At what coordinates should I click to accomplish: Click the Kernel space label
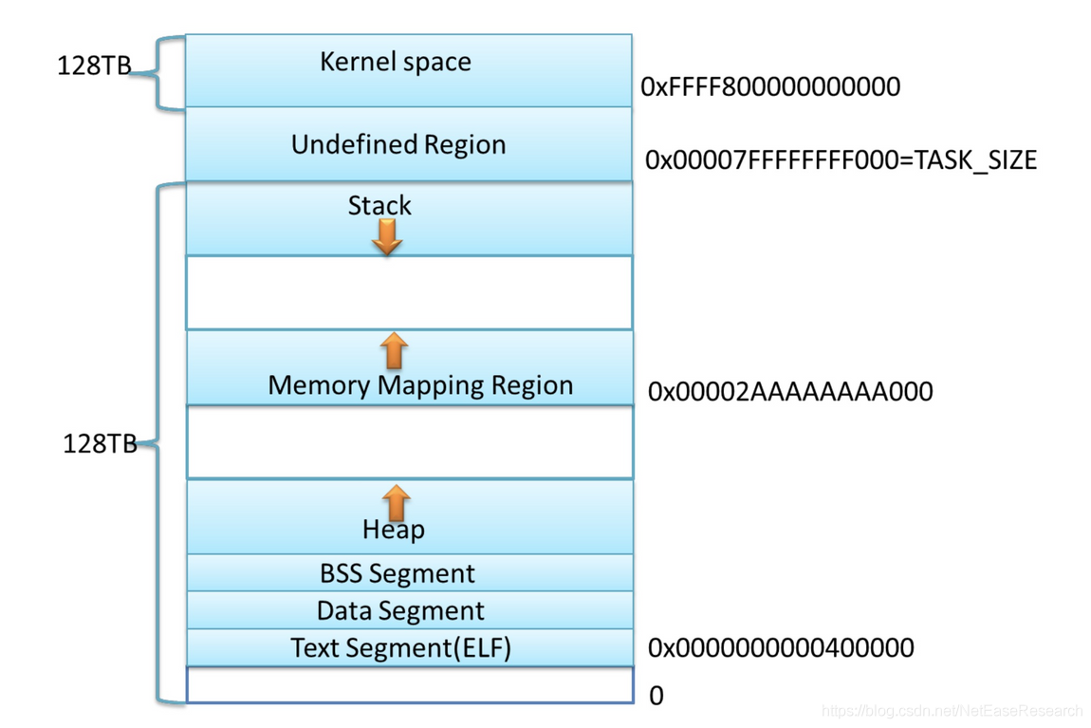pos(396,62)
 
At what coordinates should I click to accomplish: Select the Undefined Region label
pos(398,145)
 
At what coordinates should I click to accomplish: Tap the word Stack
pos(379,205)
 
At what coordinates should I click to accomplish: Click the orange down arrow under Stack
pos(387,237)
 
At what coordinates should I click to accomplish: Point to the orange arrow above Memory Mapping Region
pos(394,350)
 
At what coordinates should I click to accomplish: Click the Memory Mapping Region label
pos(420,385)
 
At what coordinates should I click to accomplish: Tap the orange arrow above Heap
pos(396,502)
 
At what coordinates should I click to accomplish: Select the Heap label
pos(393,530)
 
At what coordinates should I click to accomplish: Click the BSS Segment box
pos(410,572)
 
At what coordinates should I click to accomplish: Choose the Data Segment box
pos(410,610)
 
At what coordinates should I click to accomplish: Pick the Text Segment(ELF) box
pos(410,648)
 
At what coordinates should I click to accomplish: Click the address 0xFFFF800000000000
pos(770,87)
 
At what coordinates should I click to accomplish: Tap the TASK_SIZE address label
pos(841,160)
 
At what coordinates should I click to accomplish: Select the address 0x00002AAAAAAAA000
pos(789,392)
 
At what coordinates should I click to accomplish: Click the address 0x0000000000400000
pos(781,648)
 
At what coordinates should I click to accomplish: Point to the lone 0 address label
pos(656,696)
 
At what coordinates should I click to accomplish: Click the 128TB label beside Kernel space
pos(94,65)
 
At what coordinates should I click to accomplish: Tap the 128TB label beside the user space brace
pos(101,443)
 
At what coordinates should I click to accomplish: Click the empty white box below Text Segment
pos(410,685)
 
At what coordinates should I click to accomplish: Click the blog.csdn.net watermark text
pos(952,711)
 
